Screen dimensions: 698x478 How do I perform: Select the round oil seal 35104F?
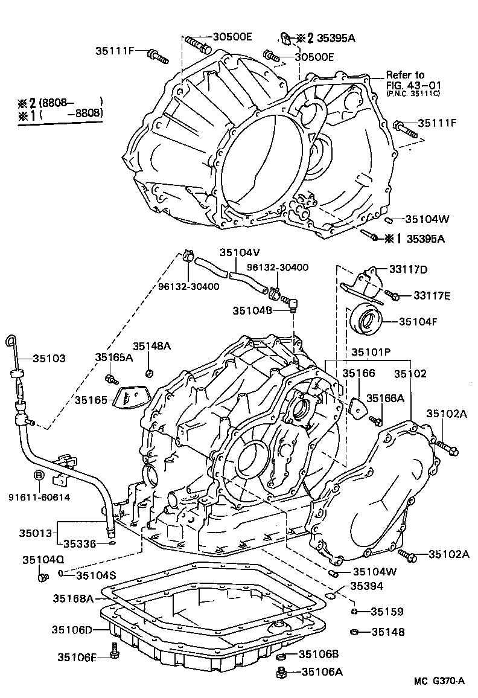(366, 321)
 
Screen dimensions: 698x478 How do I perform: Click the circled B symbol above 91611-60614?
(39, 476)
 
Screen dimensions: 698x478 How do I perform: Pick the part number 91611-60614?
(39, 497)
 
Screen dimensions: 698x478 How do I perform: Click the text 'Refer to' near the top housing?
(406, 75)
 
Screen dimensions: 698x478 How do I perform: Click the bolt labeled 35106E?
(114, 653)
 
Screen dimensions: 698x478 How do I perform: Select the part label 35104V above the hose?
(240, 253)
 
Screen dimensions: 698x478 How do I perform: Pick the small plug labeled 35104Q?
(42, 578)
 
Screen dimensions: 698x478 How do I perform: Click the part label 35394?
(368, 586)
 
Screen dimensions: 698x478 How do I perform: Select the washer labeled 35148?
(354, 632)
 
